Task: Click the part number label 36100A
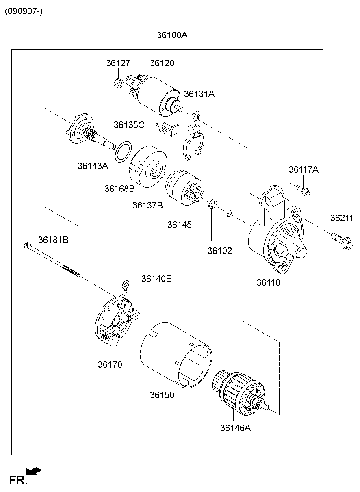172,35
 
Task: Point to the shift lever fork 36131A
194,138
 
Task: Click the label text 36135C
129,125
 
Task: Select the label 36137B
147,205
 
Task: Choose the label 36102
219,251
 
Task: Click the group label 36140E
156,279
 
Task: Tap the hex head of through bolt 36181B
27,245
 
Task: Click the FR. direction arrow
34,471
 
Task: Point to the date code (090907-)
24,11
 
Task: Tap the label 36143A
93,166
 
